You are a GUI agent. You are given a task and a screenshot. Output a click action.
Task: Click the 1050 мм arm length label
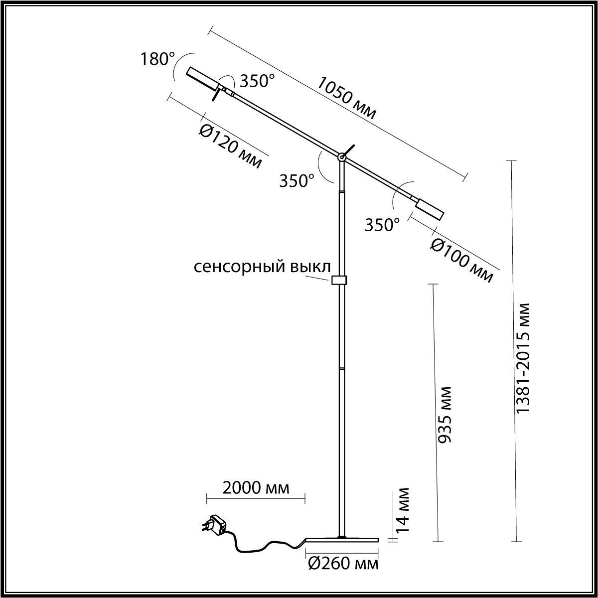347,99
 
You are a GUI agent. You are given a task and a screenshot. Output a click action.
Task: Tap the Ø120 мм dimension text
230,148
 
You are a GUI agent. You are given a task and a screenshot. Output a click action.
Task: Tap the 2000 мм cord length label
256,488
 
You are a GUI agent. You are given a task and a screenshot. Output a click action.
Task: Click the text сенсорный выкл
262,267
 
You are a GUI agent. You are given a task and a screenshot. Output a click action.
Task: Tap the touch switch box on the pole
339,280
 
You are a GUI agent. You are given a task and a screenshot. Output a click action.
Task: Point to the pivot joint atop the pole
341,157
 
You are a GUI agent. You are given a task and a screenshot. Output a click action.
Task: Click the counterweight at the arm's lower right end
430,209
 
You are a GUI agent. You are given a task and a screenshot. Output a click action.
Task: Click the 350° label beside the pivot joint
297,180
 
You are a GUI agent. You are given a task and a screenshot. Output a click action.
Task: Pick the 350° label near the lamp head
258,81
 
